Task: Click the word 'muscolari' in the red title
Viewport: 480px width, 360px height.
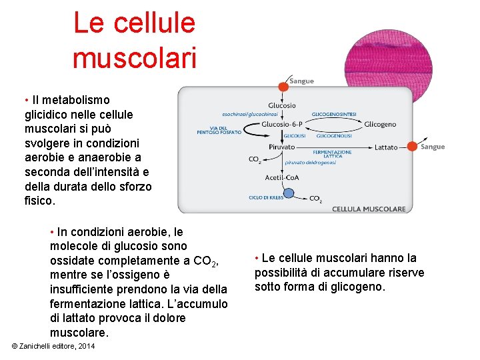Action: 134,56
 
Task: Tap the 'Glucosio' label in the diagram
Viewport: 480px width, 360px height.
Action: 282,105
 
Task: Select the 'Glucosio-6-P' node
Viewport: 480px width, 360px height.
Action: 283,124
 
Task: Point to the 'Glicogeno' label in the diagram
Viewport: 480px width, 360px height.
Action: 380,124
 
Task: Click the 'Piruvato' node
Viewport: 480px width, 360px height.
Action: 282,147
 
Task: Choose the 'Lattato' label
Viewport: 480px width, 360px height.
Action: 386,147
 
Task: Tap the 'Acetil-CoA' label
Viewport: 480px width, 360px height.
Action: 282,177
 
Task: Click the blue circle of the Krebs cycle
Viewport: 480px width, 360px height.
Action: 290,197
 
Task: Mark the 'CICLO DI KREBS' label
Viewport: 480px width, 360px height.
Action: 266,197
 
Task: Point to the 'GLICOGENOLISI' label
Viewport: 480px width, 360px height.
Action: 334,135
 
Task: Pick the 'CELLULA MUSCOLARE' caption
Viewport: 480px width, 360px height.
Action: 369,209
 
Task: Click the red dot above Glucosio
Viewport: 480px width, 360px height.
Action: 283,86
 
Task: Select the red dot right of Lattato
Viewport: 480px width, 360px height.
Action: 412,147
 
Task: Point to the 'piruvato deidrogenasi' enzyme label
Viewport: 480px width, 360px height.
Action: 310,162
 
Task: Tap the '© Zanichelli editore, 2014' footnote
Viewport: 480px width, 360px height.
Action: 53,347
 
